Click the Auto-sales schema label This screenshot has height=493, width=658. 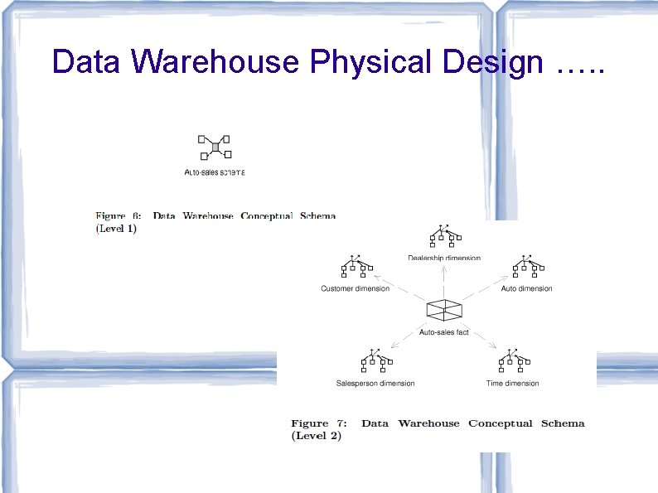[215, 172]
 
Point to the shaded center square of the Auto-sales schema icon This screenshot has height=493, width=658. [215, 147]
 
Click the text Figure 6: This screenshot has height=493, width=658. [122, 216]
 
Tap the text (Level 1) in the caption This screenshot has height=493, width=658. [116, 229]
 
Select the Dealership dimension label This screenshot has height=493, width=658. [444, 258]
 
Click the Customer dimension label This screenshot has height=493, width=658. [355, 288]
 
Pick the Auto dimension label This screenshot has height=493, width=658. [526, 288]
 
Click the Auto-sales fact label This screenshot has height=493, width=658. [444, 332]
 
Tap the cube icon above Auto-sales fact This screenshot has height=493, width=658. [444, 310]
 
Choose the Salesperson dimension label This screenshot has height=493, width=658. [375, 383]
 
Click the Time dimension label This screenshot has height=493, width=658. [512, 383]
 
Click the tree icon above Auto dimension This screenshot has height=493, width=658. [528, 267]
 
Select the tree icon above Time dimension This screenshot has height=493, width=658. [513, 361]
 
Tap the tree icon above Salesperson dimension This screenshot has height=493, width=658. [375, 361]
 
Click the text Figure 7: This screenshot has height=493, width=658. [322, 423]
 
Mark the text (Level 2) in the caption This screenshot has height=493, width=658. [316, 436]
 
